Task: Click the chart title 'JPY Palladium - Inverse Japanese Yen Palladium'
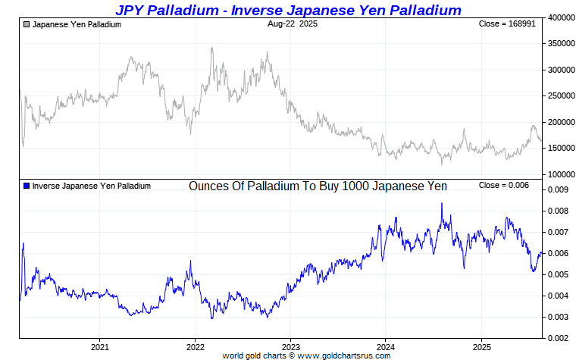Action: point(288,10)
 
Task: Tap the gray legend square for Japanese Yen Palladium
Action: point(27,24)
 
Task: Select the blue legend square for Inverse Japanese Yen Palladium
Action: point(27,186)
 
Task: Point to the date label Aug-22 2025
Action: point(293,24)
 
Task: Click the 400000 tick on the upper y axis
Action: point(561,17)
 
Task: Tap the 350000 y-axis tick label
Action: point(561,43)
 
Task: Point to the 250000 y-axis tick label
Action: point(561,95)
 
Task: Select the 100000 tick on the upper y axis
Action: point(561,174)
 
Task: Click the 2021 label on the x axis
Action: point(99,347)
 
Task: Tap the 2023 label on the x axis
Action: point(290,347)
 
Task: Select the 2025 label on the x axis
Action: point(481,347)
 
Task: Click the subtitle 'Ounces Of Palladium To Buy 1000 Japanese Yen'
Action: point(318,186)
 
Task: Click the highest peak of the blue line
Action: point(442,203)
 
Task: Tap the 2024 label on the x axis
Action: point(386,347)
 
